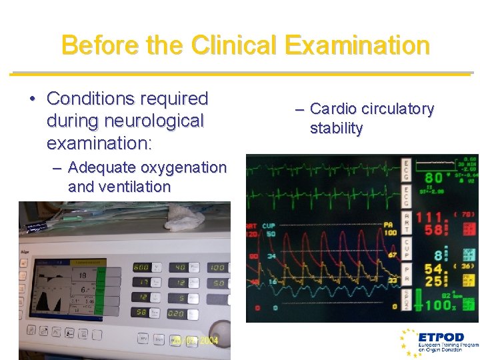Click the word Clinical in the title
(234, 45)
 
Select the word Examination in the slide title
(357, 45)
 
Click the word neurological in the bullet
(125, 121)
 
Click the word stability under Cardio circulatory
(336, 129)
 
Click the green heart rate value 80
(434, 177)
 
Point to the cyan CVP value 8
(437, 255)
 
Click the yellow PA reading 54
(434, 270)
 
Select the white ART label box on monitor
(407, 220)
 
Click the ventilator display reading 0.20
(177, 313)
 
